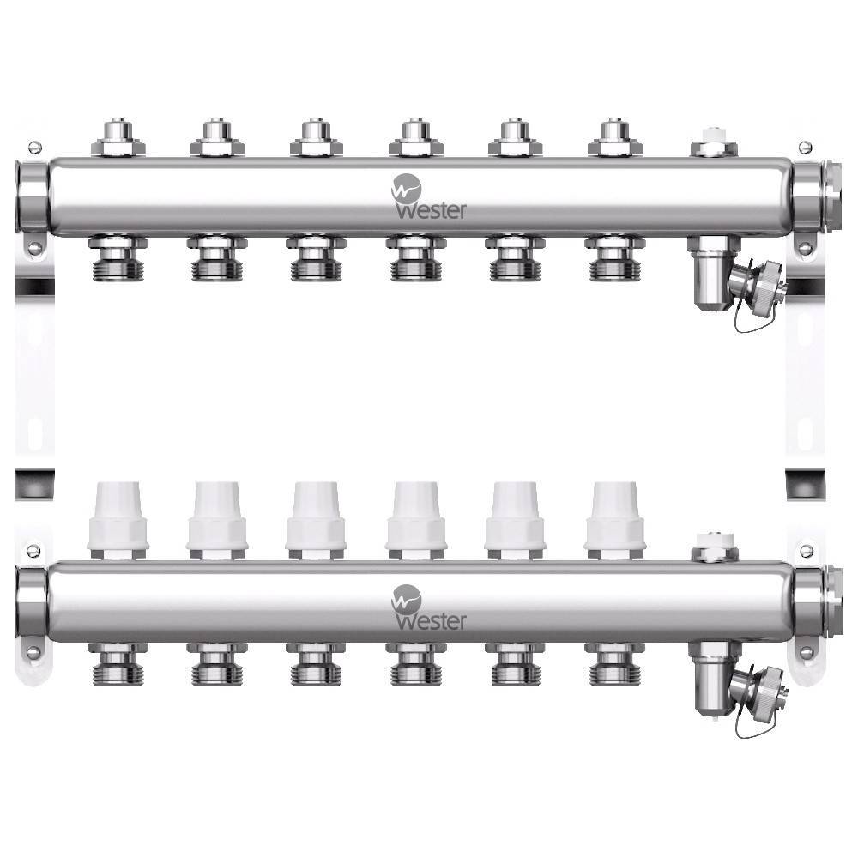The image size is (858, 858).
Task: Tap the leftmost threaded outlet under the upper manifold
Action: point(118,259)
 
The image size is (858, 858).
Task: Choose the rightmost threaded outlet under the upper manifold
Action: point(614,259)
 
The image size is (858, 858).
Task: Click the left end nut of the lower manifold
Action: point(31,604)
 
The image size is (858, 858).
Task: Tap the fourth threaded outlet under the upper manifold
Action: point(416,259)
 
